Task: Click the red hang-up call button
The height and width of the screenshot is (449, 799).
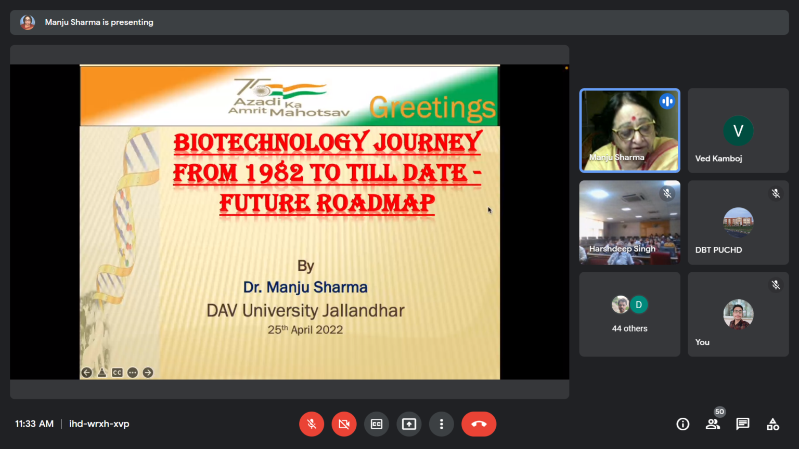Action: click(479, 424)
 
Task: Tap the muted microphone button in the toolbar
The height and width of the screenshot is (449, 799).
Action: click(312, 424)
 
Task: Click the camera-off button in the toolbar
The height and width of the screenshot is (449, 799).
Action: click(344, 424)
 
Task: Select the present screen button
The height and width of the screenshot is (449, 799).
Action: click(409, 424)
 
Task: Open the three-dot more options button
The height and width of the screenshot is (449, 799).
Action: click(441, 424)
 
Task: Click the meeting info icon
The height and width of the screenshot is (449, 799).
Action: click(682, 424)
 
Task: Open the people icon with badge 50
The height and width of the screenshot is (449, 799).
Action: click(713, 424)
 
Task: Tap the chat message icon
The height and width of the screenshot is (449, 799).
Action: click(743, 424)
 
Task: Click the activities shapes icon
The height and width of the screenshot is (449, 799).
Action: click(773, 424)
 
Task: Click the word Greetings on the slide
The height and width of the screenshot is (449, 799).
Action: click(432, 108)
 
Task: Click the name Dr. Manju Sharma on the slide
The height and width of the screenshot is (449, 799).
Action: click(305, 287)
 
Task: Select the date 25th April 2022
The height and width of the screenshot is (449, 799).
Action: click(305, 329)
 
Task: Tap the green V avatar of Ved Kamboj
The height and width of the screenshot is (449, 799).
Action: click(738, 130)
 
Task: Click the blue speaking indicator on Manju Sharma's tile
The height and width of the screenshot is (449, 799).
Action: click(667, 101)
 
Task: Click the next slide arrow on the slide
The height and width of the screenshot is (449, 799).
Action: click(148, 373)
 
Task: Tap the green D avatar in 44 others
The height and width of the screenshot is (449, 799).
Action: click(639, 305)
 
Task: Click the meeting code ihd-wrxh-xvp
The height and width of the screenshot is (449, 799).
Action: click(99, 424)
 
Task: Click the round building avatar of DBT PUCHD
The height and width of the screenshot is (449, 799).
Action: click(738, 222)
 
